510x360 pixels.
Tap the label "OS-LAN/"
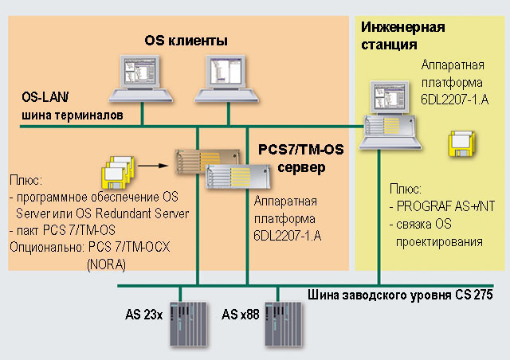(45, 99)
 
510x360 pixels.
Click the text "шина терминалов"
(72, 115)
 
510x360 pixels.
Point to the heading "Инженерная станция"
(402, 35)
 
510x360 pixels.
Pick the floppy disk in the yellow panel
(461, 145)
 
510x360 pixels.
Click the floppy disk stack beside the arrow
(116, 171)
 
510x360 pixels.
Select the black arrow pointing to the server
(155, 168)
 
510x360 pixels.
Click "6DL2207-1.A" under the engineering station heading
(454, 96)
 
